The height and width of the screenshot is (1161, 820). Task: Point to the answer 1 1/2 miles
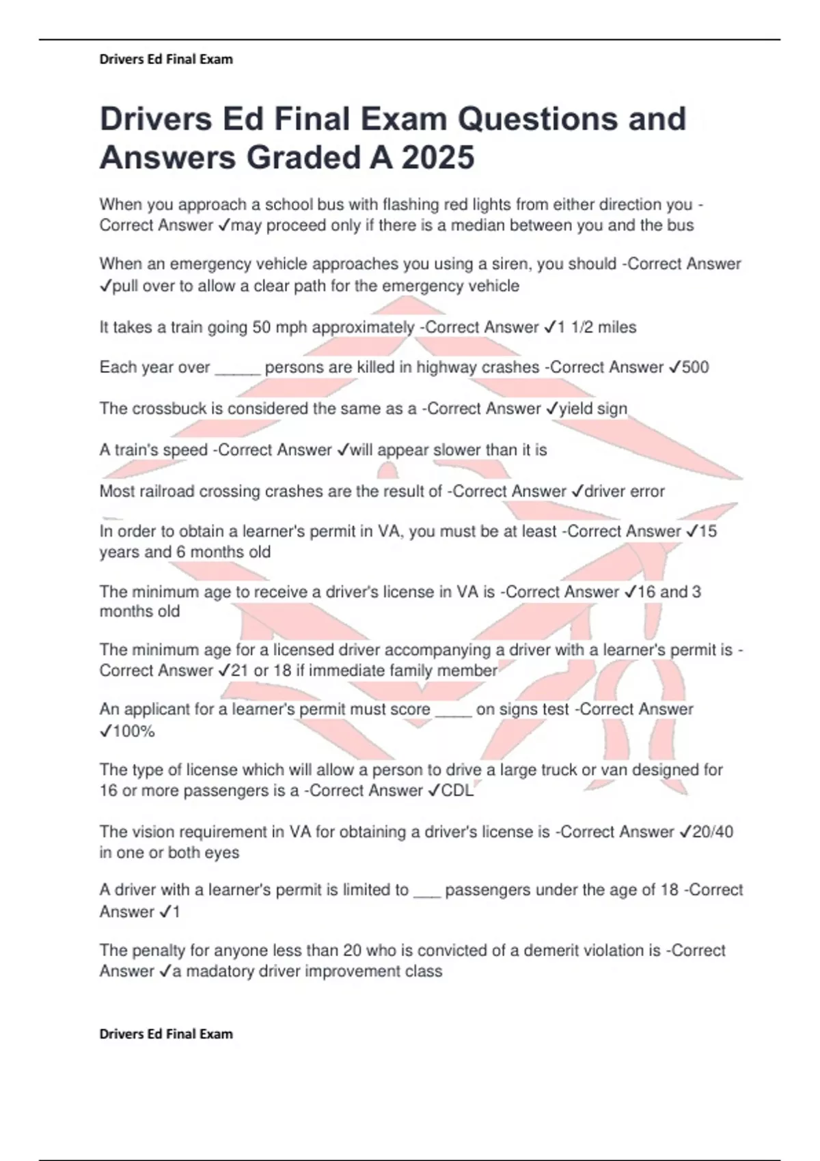click(597, 327)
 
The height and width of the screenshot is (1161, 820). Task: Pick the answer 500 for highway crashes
click(695, 367)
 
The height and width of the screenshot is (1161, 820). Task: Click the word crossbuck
click(164, 408)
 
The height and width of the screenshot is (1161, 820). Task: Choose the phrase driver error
click(625, 491)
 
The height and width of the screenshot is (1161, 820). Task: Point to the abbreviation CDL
click(458, 791)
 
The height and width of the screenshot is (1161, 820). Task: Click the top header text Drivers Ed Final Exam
click(166, 59)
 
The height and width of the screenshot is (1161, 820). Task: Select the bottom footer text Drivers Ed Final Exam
click(166, 1034)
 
